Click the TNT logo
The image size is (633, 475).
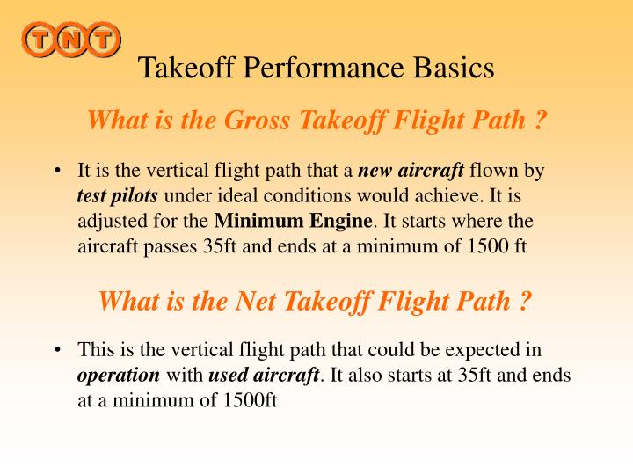(x=72, y=39)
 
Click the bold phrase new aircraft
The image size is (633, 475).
(x=413, y=170)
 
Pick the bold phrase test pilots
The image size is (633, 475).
(x=117, y=195)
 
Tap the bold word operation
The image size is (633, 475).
(x=119, y=376)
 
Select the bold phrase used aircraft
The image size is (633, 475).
(x=263, y=376)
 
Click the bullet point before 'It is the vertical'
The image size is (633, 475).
(x=57, y=171)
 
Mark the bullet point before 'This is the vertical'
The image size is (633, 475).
(x=57, y=351)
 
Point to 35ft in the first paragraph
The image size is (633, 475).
(x=224, y=245)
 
